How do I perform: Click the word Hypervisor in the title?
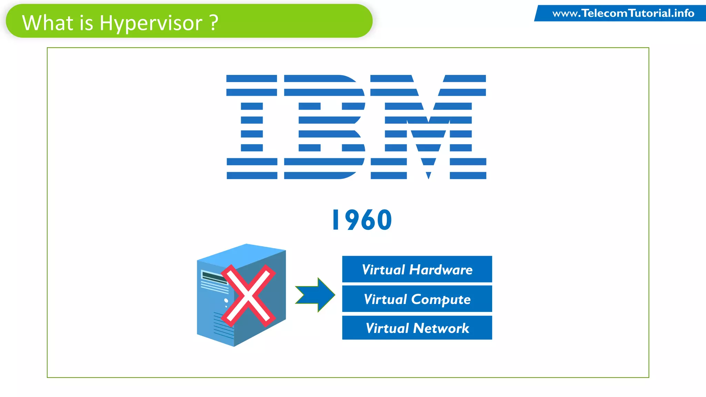point(151,23)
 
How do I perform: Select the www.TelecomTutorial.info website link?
point(623,13)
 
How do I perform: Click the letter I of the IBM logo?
point(252,127)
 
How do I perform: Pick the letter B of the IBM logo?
point(324,127)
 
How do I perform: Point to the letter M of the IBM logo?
point(428,127)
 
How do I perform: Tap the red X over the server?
point(248,296)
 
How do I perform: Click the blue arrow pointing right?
point(316,295)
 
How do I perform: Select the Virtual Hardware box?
point(417,269)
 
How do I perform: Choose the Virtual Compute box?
point(417,299)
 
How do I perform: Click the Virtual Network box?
point(417,328)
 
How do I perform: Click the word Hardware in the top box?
point(441,269)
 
